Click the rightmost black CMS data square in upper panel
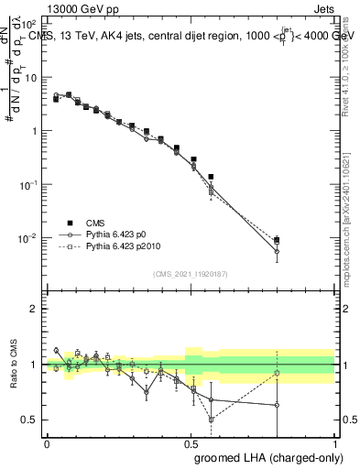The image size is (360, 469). click(277, 240)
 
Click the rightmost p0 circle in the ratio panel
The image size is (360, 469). click(277, 405)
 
